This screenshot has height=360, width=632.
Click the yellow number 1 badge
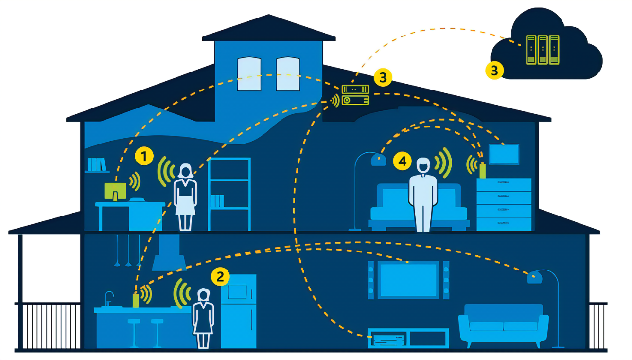[x=144, y=157]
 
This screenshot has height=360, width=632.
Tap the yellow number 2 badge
[x=220, y=277]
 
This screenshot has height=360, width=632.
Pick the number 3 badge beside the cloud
[x=494, y=70]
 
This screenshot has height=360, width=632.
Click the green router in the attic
[x=355, y=95]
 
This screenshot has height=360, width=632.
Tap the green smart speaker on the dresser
[x=482, y=170]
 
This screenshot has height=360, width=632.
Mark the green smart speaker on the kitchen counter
[x=136, y=300]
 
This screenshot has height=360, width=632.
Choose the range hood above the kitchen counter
[x=169, y=255]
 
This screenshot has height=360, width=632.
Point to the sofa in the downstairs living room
[x=503, y=324]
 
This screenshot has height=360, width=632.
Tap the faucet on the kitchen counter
[x=109, y=298]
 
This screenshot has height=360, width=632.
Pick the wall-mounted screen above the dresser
[x=504, y=154]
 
